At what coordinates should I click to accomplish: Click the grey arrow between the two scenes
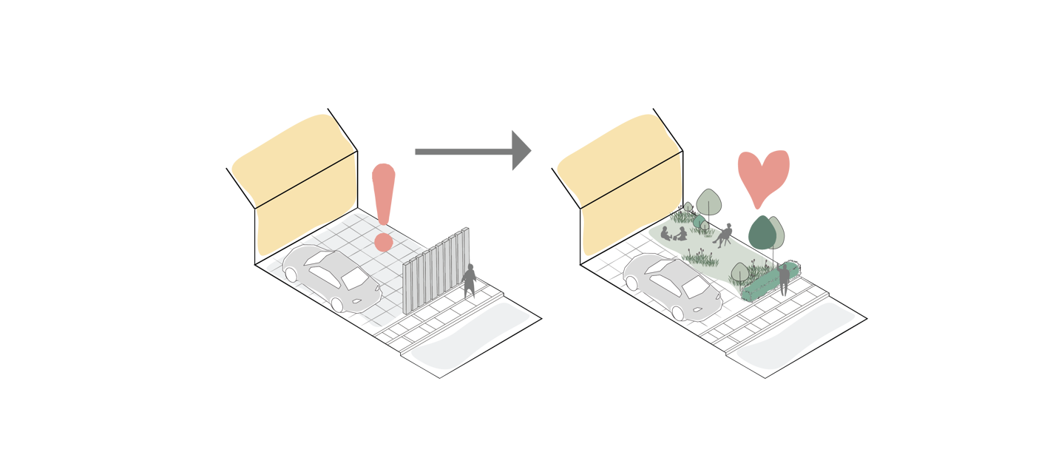(x=473, y=152)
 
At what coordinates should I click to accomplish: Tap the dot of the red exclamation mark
(x=383, y=243)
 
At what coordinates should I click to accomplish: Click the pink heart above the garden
(x=762, y=175)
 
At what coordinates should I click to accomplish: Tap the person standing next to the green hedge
(x=783, y=279)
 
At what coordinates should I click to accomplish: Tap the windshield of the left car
(x=357, y=279)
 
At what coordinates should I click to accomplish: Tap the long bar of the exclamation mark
(x=383, y=192)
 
